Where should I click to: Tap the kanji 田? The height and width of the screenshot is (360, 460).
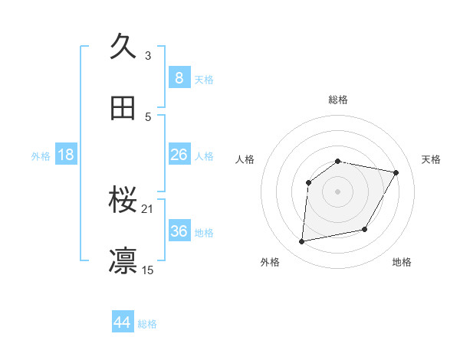coord(123,108)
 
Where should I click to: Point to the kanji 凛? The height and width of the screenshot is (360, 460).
coord(123,261)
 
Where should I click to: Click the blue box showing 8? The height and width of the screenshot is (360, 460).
coord(179,78)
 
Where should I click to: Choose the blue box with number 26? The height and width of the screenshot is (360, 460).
coord(179,155)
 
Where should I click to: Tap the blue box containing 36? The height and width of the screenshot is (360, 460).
coord(179,231)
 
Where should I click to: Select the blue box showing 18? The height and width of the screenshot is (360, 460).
coord(66,155)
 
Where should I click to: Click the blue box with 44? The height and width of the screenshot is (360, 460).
coord(122,322)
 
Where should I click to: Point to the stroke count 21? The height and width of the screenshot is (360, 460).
coord(149,208)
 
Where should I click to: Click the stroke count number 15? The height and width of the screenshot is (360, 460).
coord(149,270)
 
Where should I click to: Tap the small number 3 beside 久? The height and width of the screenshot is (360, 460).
coord(148,55)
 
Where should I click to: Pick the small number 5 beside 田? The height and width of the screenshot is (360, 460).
coord(148,116)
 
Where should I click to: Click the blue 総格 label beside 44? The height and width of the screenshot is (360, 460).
coord(147,324)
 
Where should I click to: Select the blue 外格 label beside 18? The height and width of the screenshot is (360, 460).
coord(41,155)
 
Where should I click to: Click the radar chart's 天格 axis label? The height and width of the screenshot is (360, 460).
coord(432,159)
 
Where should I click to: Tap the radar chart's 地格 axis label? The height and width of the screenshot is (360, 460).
coord(402,262)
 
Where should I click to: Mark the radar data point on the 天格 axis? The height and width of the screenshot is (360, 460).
coord(396,172)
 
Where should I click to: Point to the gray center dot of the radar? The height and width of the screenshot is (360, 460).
coord(338,191)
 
